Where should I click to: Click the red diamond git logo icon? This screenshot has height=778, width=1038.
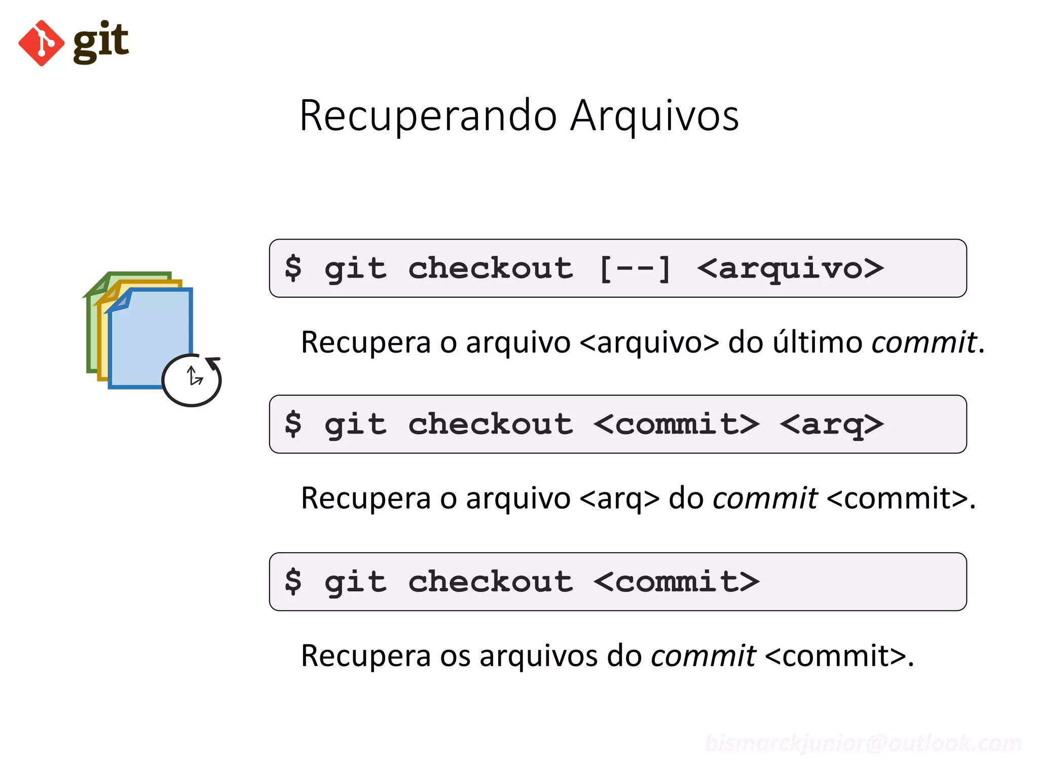click(41, 43)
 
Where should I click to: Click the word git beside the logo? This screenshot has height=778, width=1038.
click(101, 42)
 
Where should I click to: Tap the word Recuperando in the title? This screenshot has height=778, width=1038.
click(428, 116)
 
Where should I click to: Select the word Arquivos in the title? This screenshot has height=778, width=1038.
click(654, 116)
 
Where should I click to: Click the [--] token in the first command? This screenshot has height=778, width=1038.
click(635, 268)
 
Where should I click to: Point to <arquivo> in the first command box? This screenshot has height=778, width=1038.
click(790, 268)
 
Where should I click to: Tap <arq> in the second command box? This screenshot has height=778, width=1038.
click(831, 424)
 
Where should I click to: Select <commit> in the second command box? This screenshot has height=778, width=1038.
click(676, 424)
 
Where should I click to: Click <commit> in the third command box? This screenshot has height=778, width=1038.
click(676, 581)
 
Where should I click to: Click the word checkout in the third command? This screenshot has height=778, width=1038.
click(490, 581)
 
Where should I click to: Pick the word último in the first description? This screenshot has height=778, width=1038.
click(817, 342)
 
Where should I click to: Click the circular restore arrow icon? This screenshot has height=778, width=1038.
click(192, 380)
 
